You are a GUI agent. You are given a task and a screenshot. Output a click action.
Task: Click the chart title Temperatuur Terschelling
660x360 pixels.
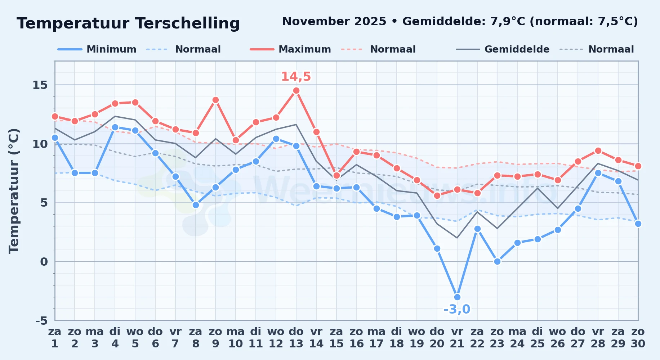tap(128, 23)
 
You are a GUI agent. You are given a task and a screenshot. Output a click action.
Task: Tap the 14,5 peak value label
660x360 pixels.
tap(296, 77)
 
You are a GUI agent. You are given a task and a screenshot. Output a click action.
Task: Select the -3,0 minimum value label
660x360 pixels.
tap(457, 309)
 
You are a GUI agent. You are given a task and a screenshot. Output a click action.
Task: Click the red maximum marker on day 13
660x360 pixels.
tap(296, 91)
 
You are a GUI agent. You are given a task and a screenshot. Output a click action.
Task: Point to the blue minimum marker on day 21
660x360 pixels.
tap(457, 297)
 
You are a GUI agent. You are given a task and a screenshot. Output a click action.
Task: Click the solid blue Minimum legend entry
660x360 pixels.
tap(97, 49)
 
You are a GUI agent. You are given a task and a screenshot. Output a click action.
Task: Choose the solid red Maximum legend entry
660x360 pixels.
tap(290, 49)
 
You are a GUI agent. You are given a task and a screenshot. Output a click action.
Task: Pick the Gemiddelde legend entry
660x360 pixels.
tap(503, 49)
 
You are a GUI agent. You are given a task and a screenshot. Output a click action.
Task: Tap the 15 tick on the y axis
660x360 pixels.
tap(40, 85)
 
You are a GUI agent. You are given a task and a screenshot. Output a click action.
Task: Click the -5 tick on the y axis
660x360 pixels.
tap(41, 320)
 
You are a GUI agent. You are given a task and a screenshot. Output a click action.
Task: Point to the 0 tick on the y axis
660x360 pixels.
tap(44, 262)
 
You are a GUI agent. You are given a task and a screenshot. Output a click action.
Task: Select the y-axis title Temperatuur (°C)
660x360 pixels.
tap(14, 191)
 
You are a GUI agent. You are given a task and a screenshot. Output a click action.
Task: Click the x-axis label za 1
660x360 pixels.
tap(55, 338)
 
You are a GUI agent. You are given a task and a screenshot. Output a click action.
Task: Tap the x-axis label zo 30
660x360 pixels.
tap(638, 338)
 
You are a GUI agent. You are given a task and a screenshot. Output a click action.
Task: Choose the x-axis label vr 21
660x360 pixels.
tap(457, 338)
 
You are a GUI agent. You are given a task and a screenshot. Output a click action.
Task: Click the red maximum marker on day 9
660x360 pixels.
tap(215, 100)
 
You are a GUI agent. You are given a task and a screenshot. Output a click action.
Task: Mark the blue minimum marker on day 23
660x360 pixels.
tap(497, 262)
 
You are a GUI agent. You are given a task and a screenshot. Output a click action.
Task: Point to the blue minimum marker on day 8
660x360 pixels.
tap(196, 205)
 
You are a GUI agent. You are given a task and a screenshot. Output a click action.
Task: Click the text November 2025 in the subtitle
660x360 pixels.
tap(334, 22)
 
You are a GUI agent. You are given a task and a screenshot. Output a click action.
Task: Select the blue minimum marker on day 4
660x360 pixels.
tap(115, 127)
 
